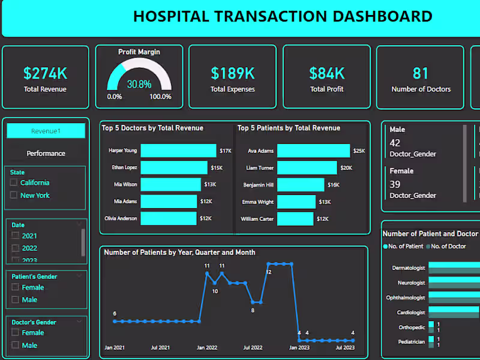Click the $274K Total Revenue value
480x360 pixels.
pyautogui.click(x=45, y=73)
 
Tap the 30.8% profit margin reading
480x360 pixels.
pyautogui.click(x=139, y=85)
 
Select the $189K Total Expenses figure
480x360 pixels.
pyautogui.click(x=232, y=73)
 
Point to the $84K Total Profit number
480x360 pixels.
pyautogui.click(x=326, y=73)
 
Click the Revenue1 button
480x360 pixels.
pyautogui.click(x=46, y=131)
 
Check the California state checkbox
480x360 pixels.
pyautogui.click(x=14, y=182)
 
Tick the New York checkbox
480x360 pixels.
pyautogui.click(x=14, y=195)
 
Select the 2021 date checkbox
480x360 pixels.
pyautogui.click(x=16, y=236)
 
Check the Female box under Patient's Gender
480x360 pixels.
pyautogui.click(x=16, y=287)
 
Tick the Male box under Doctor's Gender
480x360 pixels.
pyautogui.click(x=16, y=345)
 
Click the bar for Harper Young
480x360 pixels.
pyautogui.click(x=178, y=151)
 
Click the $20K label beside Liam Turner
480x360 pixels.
pyautogui.click(x=346, y=168)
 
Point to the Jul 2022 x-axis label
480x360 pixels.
pyautogui.click(x=253, y=347)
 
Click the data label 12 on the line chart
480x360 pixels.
pyautogui.click(x=268, y=272)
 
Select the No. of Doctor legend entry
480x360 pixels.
pyautogui.click(x=447, y=246)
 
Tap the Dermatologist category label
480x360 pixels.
pyautogui.click(x=408, y=268)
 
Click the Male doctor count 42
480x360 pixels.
pyautogui.click(x=395, y=143)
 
